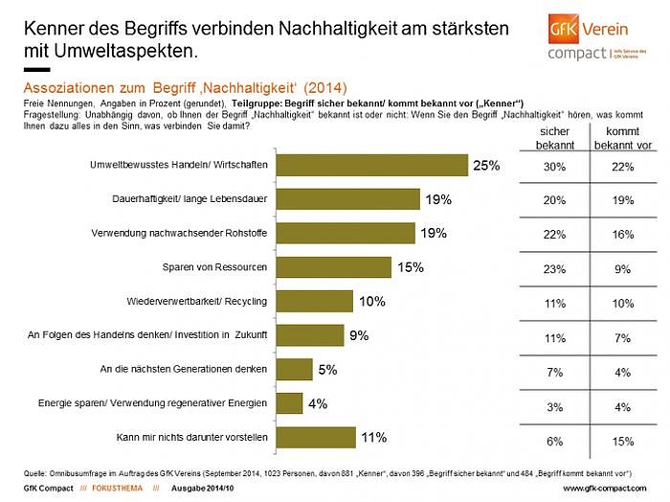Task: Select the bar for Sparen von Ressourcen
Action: (x=333, y=266)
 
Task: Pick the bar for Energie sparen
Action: (x=289, y=403)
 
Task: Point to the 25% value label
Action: (x=486, y=165)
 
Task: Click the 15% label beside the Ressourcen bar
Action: (x=411, y=267)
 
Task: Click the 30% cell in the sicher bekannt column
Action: (x=554, y=166)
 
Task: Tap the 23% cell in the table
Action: (x=554, y=269)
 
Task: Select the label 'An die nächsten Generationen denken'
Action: (x=185, y=369)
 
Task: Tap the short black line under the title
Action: (x=35, y=70)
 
